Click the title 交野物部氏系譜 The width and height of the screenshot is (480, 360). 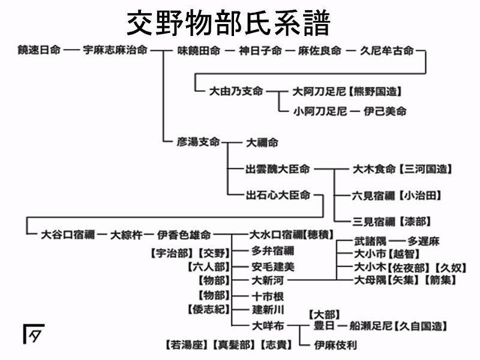pyautogui.click(x=228, y=22)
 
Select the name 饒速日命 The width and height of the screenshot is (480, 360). pyautogui.click(x=39, y=50)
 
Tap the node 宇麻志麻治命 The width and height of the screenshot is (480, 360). pyautogui.click(x=115, y=50)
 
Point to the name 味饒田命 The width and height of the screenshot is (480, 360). pyautogui.click(x=199, y=50)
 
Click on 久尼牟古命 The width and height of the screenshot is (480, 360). pyautogui.click(x=387, y=50)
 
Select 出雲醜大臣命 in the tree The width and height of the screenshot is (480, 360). pyautogui.click(x=278, y=169)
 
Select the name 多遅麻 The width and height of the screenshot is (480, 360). pyautogui.click(x=424, y=241)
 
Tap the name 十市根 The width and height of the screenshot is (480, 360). pyautogui.click(x=268, y=296)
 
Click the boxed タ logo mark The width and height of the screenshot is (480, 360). pyautogui.click(x=34, y=334)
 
